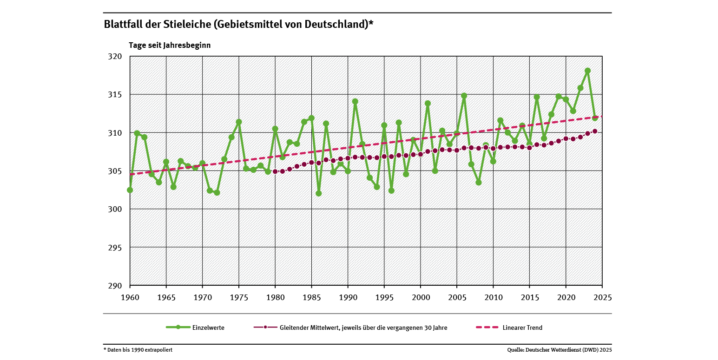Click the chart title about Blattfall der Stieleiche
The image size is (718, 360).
[238, 25]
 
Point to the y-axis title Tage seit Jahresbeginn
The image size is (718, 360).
[170, 46]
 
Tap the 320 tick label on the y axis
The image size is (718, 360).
[115, 57]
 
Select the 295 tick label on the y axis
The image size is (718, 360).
[115, 248]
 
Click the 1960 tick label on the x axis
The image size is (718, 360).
[130, 297]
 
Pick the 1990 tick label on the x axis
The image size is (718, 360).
[348, 297]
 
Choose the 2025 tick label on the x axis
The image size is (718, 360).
[602, 297]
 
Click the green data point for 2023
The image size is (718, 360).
[587, 71]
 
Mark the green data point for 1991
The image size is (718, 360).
[355, 101]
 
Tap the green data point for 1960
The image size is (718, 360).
[130, 190]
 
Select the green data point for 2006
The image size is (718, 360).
[464, 96]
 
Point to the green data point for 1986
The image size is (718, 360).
[319, 193]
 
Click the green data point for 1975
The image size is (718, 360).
[239, 122]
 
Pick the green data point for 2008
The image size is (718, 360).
[479, 182]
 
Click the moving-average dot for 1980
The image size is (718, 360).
[275, 171]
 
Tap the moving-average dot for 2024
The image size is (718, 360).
[595, 131]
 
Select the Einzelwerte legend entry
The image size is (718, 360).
[195, 327]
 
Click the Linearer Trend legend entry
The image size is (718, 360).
[509, 327]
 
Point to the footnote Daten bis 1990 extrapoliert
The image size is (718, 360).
[138, 350]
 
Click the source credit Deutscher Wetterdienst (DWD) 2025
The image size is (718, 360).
[560, 350]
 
